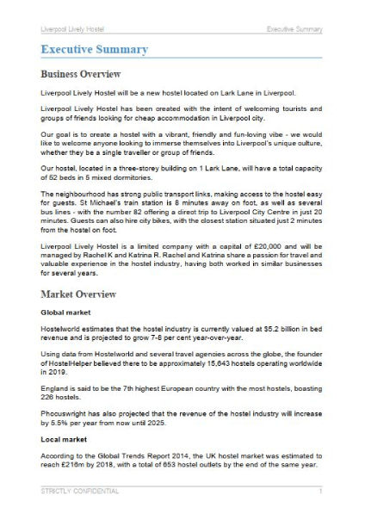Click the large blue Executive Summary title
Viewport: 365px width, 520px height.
[94, 49]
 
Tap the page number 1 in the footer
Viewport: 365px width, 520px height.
[320, 492]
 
